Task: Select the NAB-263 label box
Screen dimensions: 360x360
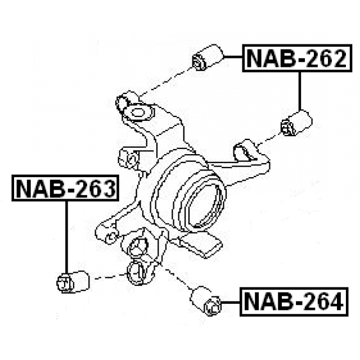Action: [x=64, y=188]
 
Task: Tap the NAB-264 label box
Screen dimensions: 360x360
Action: [x=292, y=302]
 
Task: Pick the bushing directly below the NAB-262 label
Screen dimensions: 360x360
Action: [x=296, y=123]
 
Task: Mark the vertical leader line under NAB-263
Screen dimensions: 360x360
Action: [x=66, y=236]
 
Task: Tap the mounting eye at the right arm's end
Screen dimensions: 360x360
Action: [x=245, y=149]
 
